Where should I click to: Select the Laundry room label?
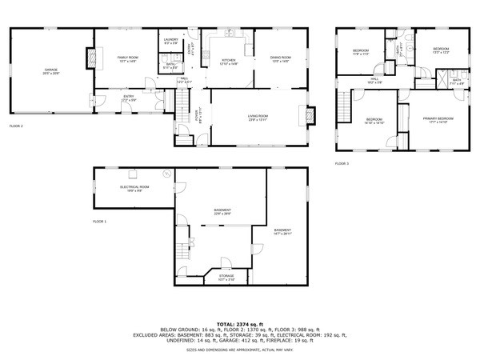point(170,40)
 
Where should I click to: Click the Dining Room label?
point(280,58)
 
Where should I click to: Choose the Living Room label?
point(258,117)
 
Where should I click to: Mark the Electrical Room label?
point(133,187)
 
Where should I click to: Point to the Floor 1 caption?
point(99,220)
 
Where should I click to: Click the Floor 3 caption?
point(342,163)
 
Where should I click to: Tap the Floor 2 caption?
point(16,126)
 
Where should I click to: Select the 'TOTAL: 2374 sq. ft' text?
point(240,322)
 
